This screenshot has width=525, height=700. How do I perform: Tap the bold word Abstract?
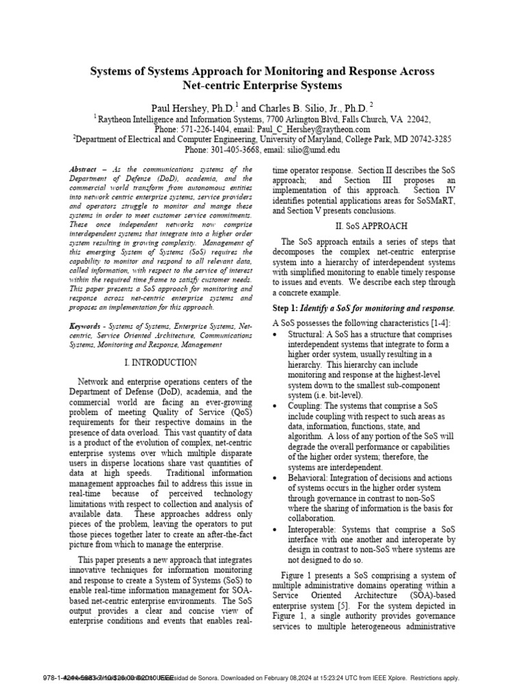(x=84, y=169)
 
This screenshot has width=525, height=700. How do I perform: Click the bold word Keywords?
(x=86, y=327)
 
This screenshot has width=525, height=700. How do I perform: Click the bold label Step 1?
(x=287, y=308)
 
